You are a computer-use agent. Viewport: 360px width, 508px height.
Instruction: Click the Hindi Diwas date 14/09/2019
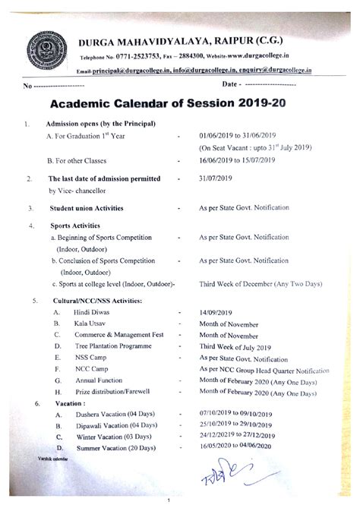point(218,312)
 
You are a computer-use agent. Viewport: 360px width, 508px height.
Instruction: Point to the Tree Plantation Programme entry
point(112,346)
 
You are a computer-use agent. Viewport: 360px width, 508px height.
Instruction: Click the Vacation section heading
point(70,403)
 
